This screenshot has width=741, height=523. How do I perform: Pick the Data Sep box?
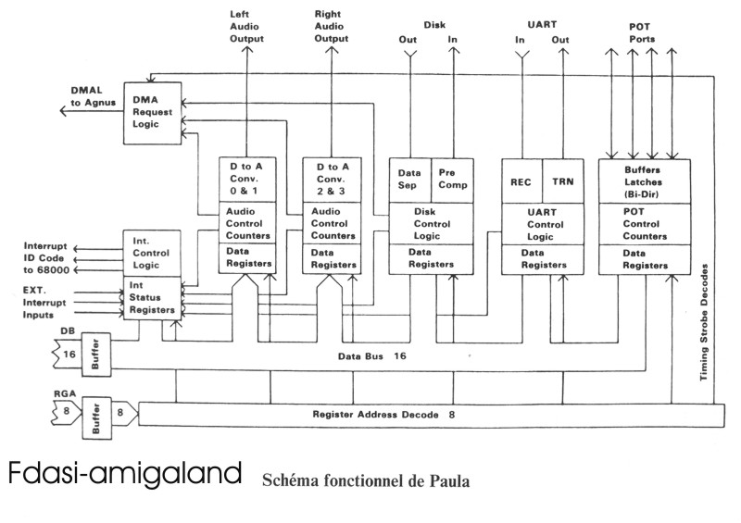tap(409, 179)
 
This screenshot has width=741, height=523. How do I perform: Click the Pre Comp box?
tap(453, 179)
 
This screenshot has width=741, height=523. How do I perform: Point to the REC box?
tap(520, 181)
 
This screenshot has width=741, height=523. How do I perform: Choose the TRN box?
tap(562, 181)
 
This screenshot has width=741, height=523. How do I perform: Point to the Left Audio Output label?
tap(246, 28)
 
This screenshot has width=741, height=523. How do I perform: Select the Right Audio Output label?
tap(331, 28)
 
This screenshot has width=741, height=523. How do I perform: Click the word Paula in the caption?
tap(448, 481)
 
